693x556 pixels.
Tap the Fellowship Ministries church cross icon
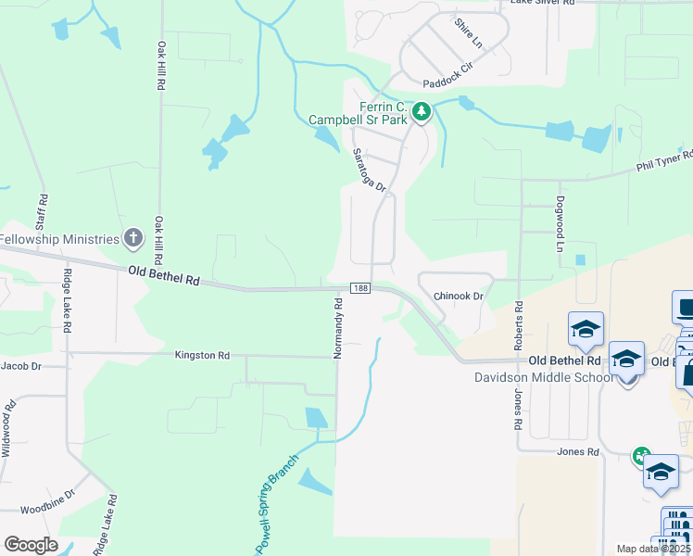[x=133, y=239]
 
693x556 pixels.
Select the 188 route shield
[x=362, y=289]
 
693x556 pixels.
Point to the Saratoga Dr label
[x=368, y=171]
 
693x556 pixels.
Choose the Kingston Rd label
[x=202, y=355]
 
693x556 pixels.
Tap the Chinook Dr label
[x=459, y=297]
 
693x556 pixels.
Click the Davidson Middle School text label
[x=543, y=377]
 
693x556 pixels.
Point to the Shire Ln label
[x=468, y=32]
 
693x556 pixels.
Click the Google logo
[x=31, y=544]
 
